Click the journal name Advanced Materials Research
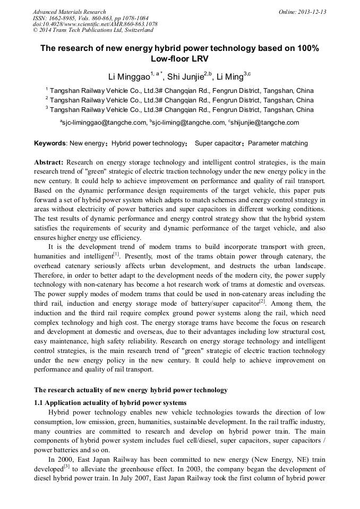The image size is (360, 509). tap(69, 12)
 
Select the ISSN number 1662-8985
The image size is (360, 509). tap(65, 18)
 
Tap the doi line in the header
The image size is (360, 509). tap(95, 24)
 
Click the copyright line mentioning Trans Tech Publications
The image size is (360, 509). tap(93, 31)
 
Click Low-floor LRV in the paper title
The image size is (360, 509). tap(179, 58)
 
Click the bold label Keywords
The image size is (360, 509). tap(50, 143)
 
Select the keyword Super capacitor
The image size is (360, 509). tap(218, 143)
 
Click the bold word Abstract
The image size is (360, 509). tap(49, 162)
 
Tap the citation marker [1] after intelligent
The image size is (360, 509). tap(115, 253)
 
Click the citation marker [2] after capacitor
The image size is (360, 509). tap(262, 300)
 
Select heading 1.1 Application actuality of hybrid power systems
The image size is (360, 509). tap(110, 402)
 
